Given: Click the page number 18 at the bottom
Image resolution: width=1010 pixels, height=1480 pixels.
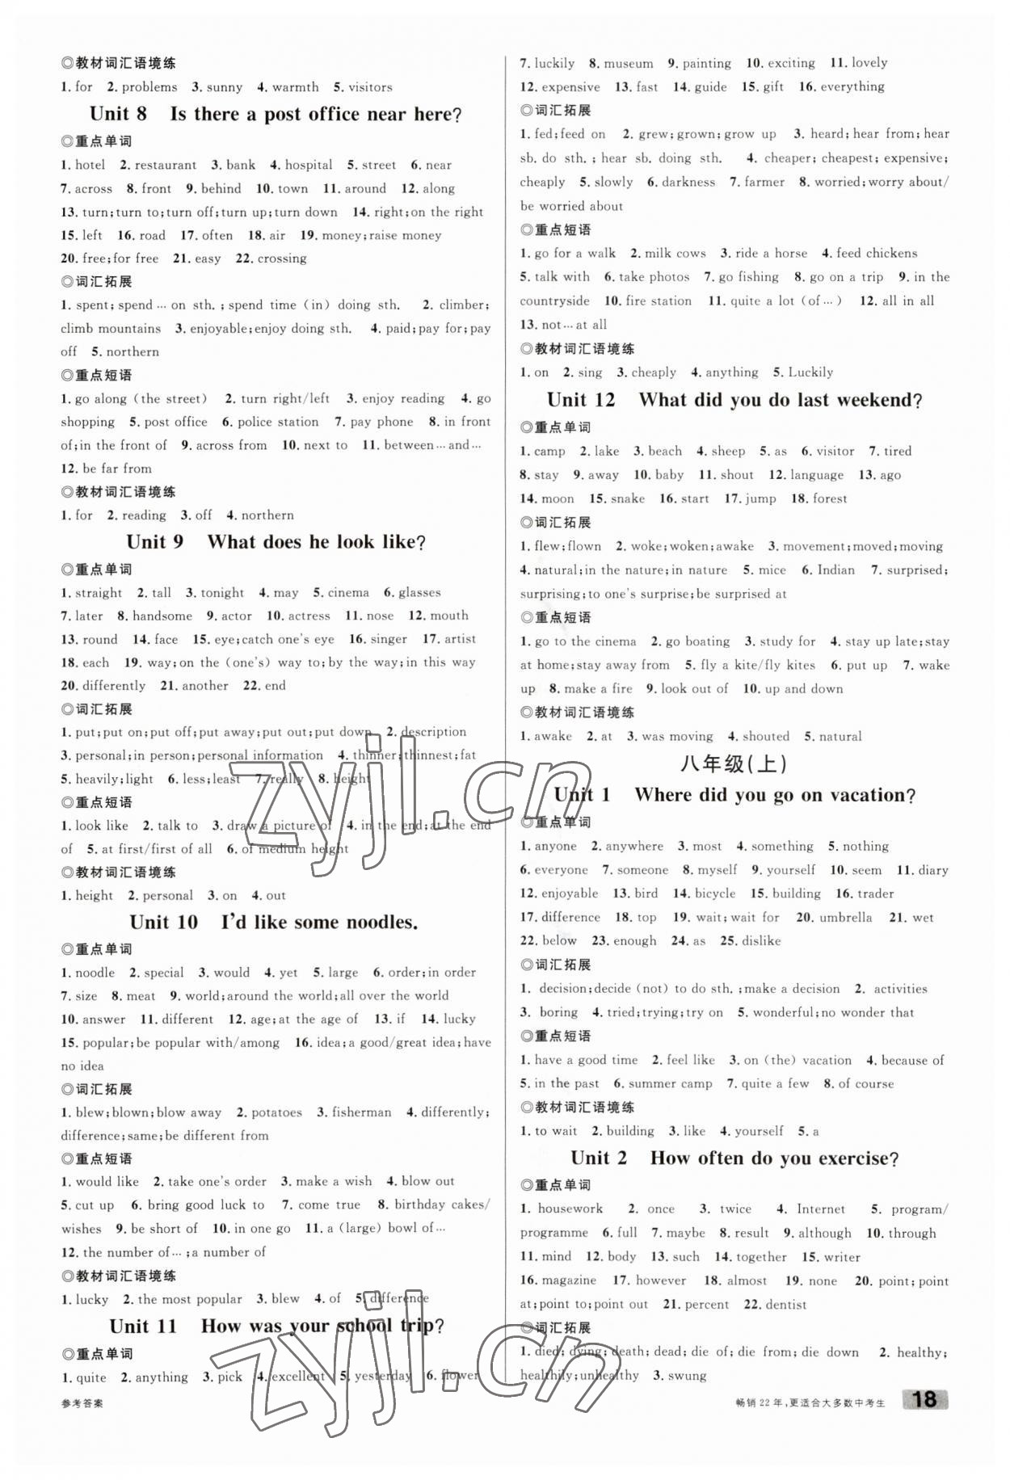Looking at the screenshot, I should (x=924, y=1399).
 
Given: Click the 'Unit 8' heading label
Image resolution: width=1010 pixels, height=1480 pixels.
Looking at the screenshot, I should (x=118, y=114).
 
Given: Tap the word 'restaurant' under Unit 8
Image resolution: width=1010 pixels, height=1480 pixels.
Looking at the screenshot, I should (x=166, y=165).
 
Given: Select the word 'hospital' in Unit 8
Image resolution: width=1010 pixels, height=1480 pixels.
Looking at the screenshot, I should (x=309, y=165).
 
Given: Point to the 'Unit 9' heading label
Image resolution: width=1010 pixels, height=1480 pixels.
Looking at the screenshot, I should (x=155, y=541).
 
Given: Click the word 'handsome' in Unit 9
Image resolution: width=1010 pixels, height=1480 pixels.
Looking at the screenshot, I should (x=162, y=616).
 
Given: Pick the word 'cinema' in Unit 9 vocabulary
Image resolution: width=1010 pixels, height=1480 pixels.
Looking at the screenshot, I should (x=348, y=592).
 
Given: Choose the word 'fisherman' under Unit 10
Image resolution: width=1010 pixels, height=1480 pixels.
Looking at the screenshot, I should (x=361, y=1112).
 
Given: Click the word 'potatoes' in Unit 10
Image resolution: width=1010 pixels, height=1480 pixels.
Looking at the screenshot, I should (x=276, y=1112).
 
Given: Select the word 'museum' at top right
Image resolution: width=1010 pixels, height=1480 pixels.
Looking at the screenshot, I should (x=629, y=63).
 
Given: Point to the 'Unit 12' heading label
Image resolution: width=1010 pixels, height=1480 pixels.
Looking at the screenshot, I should (x=581, y=400).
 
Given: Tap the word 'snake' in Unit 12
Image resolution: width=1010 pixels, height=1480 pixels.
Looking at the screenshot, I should (x=628, y=498).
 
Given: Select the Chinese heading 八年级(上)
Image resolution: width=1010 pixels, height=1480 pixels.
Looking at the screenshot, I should (x=734, y=763).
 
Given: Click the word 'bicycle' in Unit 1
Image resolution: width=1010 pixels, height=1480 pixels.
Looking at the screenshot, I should (x=715, y=893).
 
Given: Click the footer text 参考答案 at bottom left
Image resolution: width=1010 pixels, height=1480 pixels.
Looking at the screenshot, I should (x=82, y=1403).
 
